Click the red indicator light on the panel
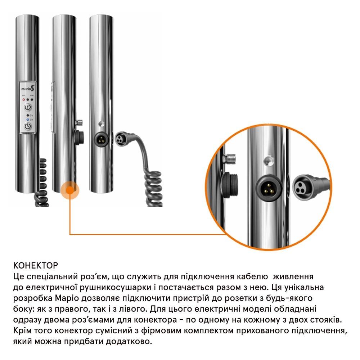click(x=23, y=100)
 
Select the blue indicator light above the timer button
click(x=28, y=120)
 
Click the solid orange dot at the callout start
click(x=70, y=190)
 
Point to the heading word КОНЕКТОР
click(x=36, y=265)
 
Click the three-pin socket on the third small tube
click(x=102, y=139)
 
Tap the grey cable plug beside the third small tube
click(x=122, y=139)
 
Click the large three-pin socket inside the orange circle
click(x=269, y=188)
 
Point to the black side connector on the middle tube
click(x=79, y=138)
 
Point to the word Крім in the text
click(x=22, y=330)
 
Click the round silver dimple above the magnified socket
click(x=269, y=161)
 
